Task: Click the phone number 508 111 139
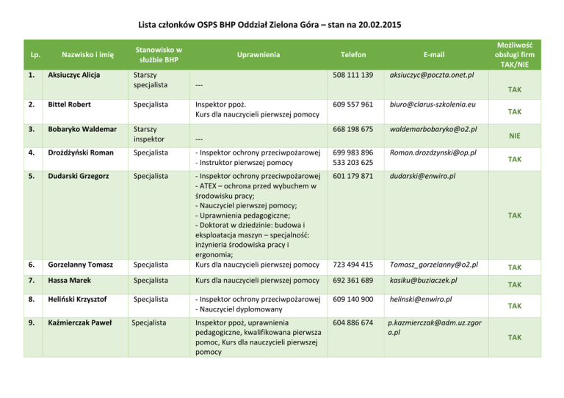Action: pyautogui.click(x=352, y=75)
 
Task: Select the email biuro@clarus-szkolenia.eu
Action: pyautogui.click(x=430, y=105)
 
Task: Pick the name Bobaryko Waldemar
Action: pyautogui.click(x=84, y=129)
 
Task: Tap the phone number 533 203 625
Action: pyautogui.click(x=352, y=162)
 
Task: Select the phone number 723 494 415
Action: pyautogui.click(x=352, y=265)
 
